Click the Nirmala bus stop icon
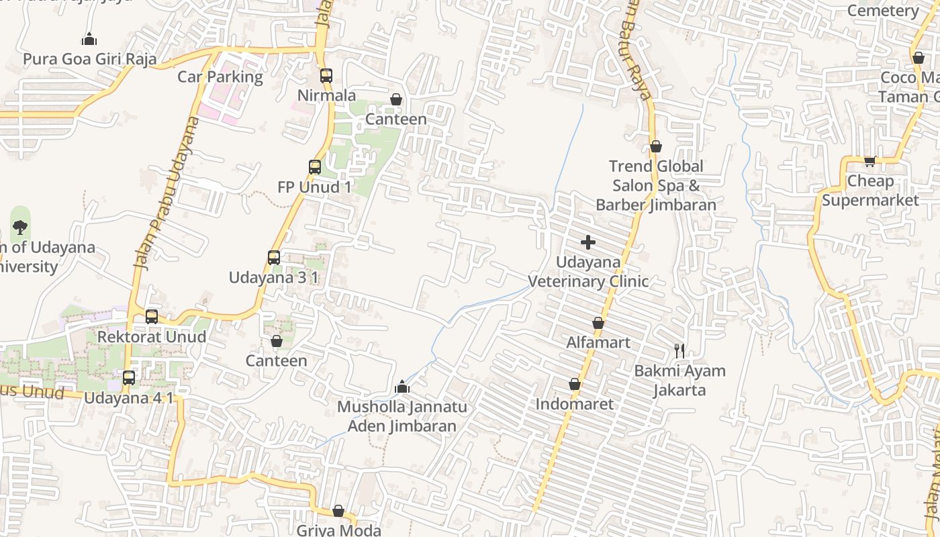[326, 76]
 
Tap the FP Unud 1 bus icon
[315, 167]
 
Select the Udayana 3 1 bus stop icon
[274, 258]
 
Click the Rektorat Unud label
[152, 336]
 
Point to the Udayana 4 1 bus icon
[129, 378]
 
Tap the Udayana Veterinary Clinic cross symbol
[588, 242]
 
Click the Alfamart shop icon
[598, 324]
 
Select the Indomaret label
[575, 404]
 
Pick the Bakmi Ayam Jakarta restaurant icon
[679, 350]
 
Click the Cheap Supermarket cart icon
[870, 161]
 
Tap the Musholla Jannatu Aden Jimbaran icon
[402, 387]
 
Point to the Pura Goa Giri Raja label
[90, 59]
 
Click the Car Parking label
[220, 77]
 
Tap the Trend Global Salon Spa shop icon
[656, 146]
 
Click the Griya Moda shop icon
[338, 511]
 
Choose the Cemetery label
[882, 11]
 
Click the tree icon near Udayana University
[20, 227]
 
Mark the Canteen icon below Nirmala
[396, 100]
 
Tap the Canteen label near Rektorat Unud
[276, 360]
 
